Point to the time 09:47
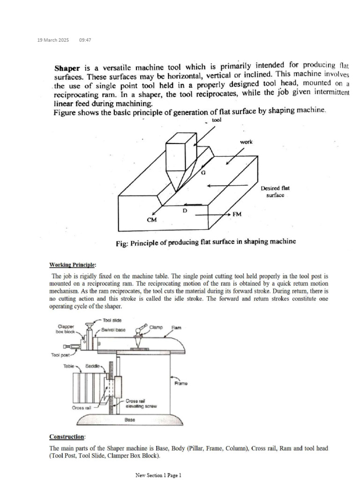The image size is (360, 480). point(85,40)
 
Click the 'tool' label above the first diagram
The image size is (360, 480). point(217,120)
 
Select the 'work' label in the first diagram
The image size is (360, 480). point(246,142)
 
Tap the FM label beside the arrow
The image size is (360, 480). point(238,214)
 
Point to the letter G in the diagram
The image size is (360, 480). point(203,172)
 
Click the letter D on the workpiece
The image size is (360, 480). point(184,210)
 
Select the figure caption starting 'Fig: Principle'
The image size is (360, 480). point(206,242)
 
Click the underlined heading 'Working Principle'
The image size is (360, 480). point(72,264)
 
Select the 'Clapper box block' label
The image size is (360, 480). point(66,329)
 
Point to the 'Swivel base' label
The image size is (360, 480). point(114,330)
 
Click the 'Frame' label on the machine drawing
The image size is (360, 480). point(181,383)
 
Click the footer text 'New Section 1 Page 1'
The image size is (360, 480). point(158,475)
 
